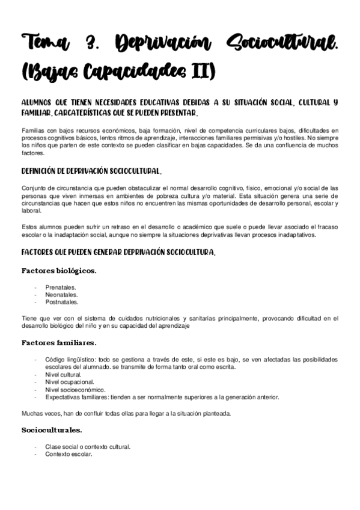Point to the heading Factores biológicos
(x=59, y=271)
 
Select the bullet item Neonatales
(x=61, y=295)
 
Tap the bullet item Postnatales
(x=61, y=302)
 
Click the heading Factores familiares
(x=59, y=343)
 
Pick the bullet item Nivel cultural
(x=63, y=374)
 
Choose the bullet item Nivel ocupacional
(x=69, y=381)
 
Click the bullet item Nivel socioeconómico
(x=76, y=389)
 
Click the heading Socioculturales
(x=52, y=430)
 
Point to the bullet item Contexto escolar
(x=69, y=454)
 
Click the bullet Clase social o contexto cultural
(x=88, y=447)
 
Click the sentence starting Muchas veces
(x=126, y=413)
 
